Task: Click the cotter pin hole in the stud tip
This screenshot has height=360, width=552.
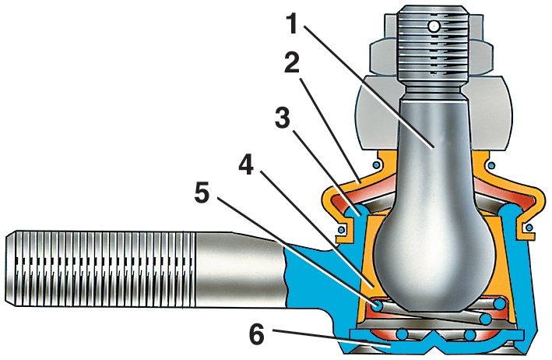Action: (433, 26)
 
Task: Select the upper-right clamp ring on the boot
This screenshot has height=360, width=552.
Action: (490, 164)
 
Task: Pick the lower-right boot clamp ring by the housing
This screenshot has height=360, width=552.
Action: (529, 227)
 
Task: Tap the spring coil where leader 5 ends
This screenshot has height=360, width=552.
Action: (377, 307)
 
